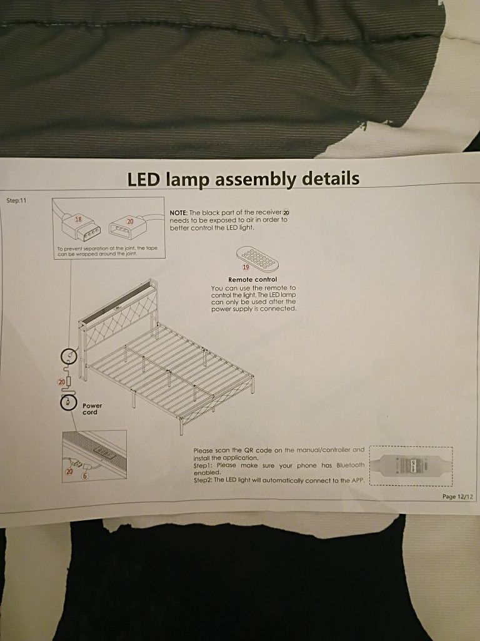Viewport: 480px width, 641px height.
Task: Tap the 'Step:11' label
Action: click(17, 201)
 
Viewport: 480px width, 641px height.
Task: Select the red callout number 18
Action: click(78, 220)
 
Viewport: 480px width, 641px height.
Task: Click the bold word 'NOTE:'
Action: click(181, 213)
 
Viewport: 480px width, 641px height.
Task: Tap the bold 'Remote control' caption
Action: click(252, 279)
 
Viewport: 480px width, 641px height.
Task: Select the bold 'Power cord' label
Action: click(92, 409)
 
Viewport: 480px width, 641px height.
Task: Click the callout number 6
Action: click(86, 476)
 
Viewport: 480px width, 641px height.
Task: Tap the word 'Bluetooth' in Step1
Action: click(350, 465)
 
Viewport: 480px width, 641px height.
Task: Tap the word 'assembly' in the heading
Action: click(256, 180)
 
